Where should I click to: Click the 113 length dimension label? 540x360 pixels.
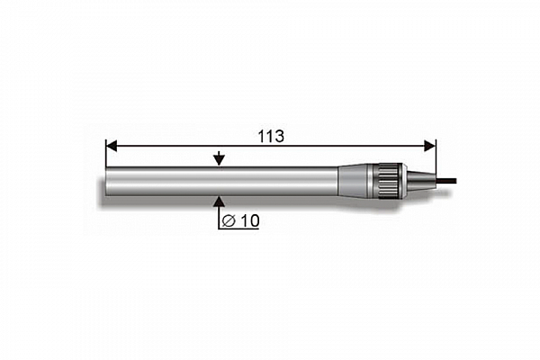coord(271,137)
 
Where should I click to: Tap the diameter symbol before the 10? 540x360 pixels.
coord(229,220)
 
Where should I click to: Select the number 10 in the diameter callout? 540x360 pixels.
coord(249,220)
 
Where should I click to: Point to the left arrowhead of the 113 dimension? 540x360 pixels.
coord(112,146)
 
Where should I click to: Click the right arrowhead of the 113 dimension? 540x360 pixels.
coord(430,146)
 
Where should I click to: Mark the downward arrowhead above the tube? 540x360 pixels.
coord(219,160)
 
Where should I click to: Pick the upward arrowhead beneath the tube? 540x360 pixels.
coord(219,202)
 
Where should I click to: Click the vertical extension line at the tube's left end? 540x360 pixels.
coord(105,153)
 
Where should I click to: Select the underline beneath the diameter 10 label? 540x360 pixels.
coord(238,229)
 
